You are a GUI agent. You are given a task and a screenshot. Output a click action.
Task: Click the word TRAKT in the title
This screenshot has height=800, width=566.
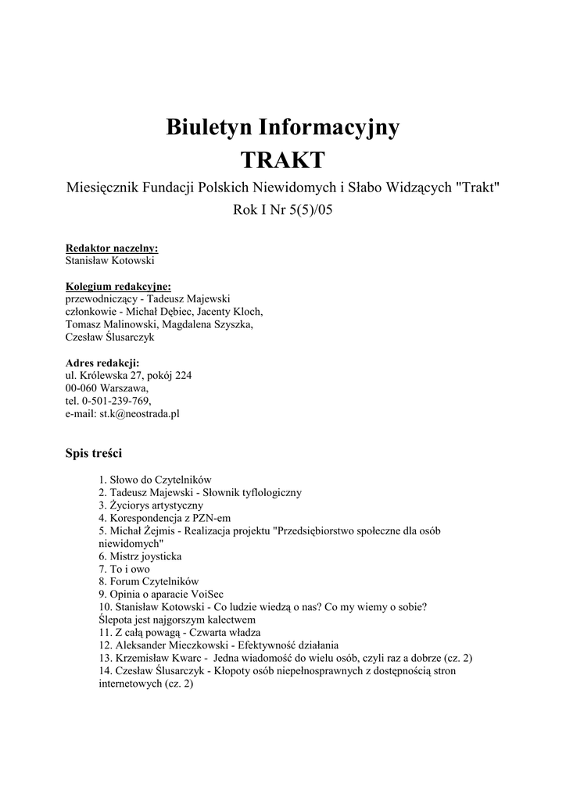pyautogui.click(x=282, y=160)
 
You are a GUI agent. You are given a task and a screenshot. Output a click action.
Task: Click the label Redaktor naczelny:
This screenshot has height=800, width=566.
pyautogui.click(x=112, y=248)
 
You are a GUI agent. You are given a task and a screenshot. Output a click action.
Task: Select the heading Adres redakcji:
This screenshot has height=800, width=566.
pyautogui.click(x=102, y=362)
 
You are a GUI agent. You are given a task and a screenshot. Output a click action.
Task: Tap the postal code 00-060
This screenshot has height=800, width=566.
pyautogui.click(x=81, y=387)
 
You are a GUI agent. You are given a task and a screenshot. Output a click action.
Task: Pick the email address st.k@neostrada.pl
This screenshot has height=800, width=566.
pyautogui.click(x=139, y=413)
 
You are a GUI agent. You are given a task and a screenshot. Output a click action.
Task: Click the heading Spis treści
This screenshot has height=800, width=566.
pyautogui.click(x=94, y=453)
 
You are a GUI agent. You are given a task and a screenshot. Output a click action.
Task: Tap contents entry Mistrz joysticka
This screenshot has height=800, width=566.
pyautogui.click(x=145, y=556)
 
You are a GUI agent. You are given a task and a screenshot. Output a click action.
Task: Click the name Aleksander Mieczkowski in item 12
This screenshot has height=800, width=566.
pyautogui.click(x=172, y=645)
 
